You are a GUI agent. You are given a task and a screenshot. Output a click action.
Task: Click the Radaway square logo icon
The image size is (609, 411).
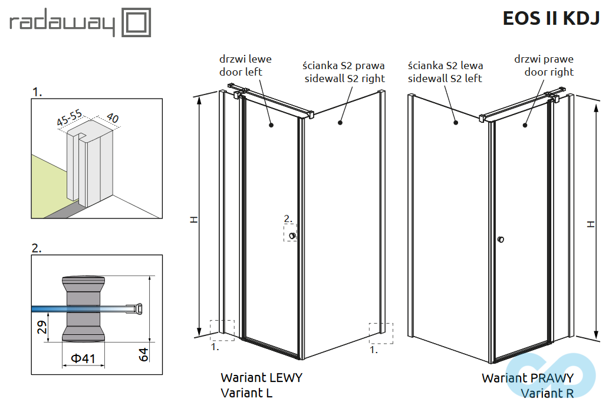point(136,22)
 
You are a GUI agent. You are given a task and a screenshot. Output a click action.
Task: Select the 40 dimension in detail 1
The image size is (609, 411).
point(111,118)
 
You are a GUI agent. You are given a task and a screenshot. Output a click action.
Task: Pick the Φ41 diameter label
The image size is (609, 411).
point(83,359)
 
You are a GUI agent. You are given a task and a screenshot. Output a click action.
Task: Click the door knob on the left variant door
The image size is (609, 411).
point(292,236)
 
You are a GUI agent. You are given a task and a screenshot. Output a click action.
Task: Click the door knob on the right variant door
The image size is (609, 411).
point(501,239)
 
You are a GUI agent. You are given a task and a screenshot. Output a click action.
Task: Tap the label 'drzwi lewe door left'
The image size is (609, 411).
point(245,66)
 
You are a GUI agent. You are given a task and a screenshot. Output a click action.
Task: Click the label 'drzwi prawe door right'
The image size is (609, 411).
point(544,66)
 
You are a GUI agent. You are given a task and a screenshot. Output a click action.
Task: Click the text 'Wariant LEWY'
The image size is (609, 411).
point(261,377)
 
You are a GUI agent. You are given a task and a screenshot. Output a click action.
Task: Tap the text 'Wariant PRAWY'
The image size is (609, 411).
point(527,378)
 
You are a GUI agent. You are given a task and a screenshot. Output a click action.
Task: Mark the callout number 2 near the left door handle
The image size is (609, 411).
point(287,219)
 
